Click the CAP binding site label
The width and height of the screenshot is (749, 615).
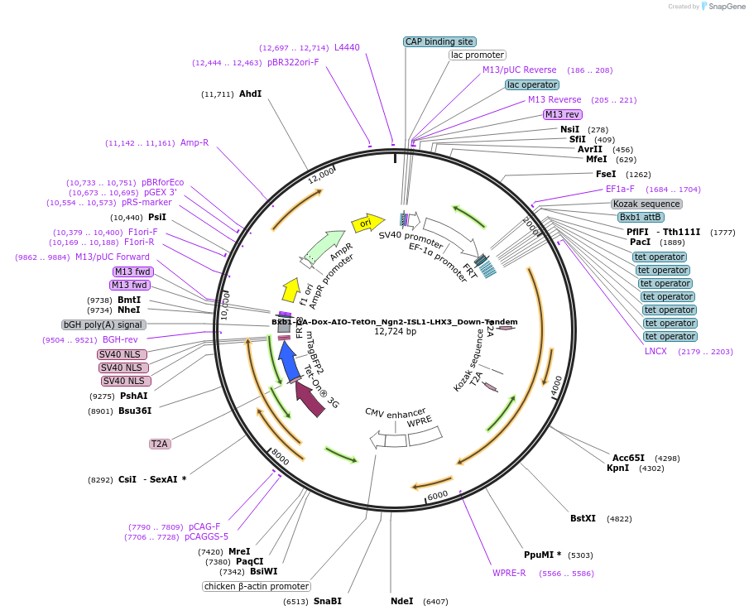coord(439,41)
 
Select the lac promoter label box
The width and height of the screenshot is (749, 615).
coord(477,55)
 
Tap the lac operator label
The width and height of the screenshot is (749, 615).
coord(531,84)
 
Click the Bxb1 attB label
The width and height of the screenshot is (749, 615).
coord(641,217)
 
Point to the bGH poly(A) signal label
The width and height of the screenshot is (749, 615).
coord(103,324)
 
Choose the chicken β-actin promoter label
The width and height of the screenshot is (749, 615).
coord(257,586)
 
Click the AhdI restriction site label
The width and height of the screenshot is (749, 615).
coord(250,94)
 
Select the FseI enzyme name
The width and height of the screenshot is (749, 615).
coord(606,174)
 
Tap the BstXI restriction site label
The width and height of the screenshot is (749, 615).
coord(583,519)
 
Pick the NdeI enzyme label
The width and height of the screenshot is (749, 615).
coord(401,601)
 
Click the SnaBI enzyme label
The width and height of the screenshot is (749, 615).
coord(327,601)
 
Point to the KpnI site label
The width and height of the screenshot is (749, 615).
coord(617,468)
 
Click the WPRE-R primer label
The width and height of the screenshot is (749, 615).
coord(509,573)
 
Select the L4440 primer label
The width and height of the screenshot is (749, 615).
coord(347,47)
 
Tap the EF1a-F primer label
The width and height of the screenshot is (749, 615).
coord(620,189)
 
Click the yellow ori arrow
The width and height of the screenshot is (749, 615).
coord(367,223)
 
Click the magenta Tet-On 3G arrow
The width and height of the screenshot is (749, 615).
coord(310,397)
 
